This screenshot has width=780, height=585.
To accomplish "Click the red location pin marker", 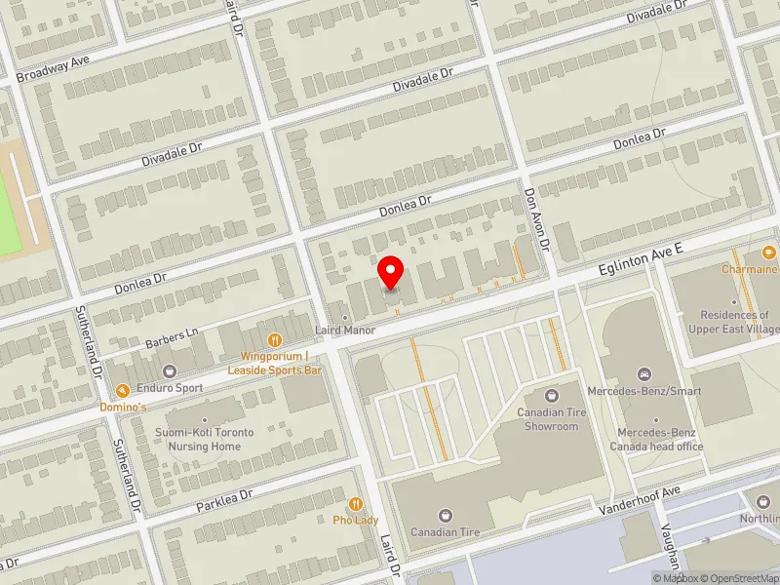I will [x=391, y=272].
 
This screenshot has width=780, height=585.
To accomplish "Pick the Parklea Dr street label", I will [x=223, y=500].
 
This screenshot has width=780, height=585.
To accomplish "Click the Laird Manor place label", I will [x=345, y=331].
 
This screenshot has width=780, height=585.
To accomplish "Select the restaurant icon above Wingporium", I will [x=274, y=340].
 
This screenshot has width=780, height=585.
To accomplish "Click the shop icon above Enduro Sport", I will [x=171, y=371].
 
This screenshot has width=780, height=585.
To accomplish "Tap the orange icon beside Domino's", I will [x=123, y=390].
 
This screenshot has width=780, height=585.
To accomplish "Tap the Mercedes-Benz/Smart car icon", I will [x=643, y=375].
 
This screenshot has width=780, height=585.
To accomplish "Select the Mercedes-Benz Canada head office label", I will [x=659, y=439].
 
